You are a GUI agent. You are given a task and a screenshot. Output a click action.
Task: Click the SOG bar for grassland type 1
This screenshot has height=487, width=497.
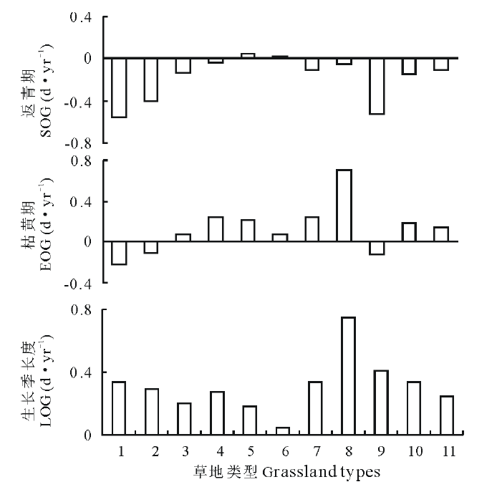pos(119,87)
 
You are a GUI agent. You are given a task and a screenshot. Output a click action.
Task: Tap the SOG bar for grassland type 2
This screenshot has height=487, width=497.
pos(151,79)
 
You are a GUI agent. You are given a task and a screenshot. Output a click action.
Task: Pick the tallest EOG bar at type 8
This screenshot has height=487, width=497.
pos(344,206)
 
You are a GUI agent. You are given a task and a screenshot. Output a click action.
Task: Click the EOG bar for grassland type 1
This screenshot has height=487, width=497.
pos(119,253)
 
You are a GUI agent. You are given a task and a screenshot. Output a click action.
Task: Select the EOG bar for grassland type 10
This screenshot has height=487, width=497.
pos(409,232)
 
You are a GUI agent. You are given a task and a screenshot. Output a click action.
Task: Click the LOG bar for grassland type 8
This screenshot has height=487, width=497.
pos(348,376)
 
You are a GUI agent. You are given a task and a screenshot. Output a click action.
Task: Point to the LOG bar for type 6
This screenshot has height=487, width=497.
pos(283,430)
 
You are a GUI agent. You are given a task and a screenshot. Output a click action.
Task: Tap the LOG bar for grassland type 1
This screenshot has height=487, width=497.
pos(119,408)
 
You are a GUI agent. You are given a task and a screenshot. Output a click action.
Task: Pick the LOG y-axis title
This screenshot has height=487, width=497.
pos(39,372)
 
